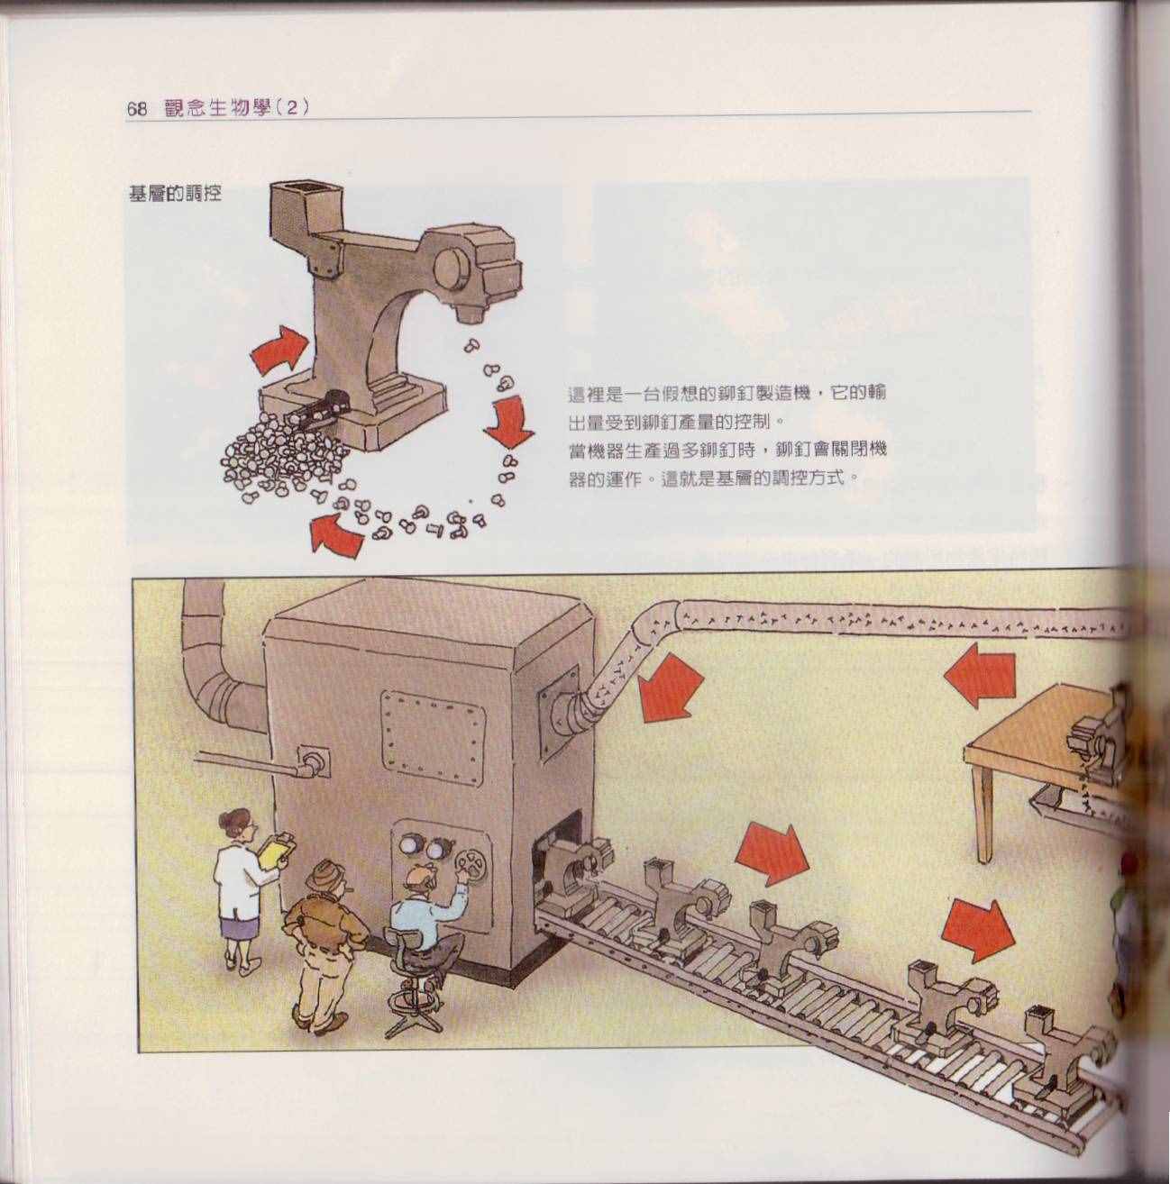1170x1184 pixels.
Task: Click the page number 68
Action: (x=137, y=109)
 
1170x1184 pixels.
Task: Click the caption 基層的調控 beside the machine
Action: (x=174, y=194)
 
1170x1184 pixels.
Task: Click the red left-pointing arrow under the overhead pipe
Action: (x=980, y=678)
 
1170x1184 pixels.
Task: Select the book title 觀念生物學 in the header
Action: (x=219, y=109)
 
